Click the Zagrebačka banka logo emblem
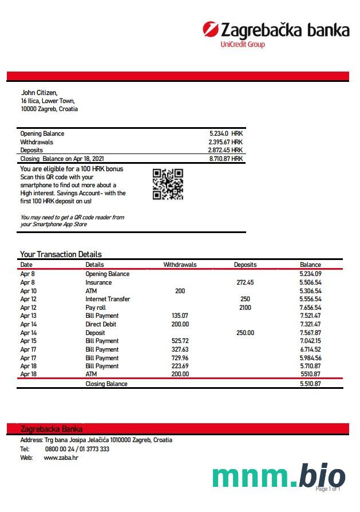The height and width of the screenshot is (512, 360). (x=211, y=29)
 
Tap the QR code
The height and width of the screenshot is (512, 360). (x=168, y=184)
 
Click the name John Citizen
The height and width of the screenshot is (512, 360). (x=39, y=92)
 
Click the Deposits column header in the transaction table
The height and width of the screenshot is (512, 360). (x=245, y=265)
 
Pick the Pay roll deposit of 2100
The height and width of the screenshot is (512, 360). (x=245, y=308)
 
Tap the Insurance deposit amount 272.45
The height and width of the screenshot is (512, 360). (x=245, y=282)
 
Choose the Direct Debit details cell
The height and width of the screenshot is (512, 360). (x=101, y=324)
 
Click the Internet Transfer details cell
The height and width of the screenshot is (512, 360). (x=108, y=299)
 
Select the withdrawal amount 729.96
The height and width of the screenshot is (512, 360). (x=180, y=358)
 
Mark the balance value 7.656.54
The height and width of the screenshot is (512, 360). (x=310, y=308)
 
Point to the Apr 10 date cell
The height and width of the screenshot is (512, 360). (x=28, y=291)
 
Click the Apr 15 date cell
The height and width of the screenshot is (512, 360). (x=28, y=341)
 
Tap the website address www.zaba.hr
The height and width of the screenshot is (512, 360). (x=61, y=458)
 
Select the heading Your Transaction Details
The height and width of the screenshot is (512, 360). (x=61, y=254)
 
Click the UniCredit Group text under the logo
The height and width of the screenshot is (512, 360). (x=243, y=45)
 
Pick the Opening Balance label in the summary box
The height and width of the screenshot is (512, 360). (x=42, y=133)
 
